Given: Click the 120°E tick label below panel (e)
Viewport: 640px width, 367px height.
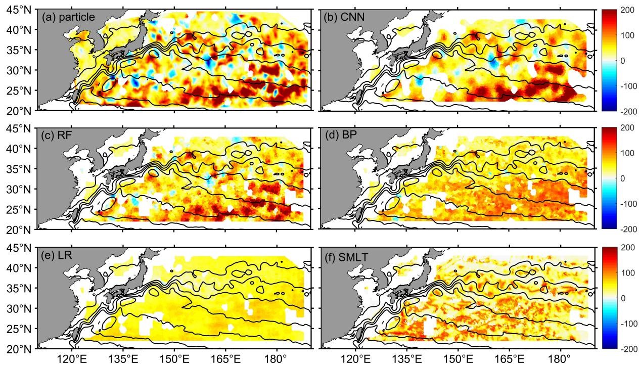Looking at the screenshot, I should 72,360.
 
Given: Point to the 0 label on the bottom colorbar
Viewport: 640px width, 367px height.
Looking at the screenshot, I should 622,298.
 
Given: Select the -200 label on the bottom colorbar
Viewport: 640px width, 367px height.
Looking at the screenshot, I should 627,348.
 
